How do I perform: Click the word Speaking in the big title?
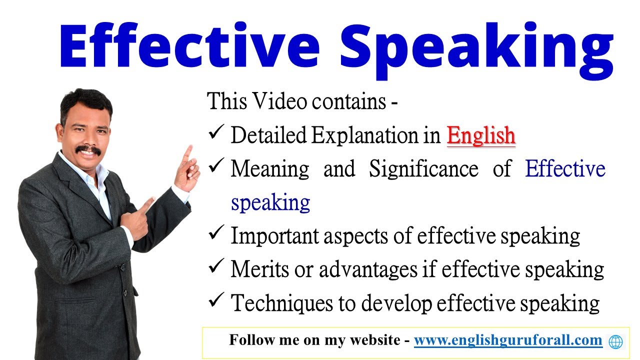pyautogui.click(x=475, y=47)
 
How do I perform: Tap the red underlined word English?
pyautogui.click(x=480, y=135)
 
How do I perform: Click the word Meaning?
pyautogui.click(x=270, y=170)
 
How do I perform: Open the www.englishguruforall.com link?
pyautogui.click(x=508, y=340)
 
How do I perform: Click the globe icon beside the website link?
pyautogui.click(x=616, y=341)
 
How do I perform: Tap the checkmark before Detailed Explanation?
pyautogui.click(x=215, y=134)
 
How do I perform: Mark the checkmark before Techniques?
pyautogui.click(x=215, y=301)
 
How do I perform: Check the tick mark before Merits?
pyautogui.click(x=215, y=268)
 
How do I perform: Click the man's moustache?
pyautogui.click(x=88, y=149)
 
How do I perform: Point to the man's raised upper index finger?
pyautogui.click(x=189, y=152)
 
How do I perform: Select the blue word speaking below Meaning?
pyautogui.click(x=270, y=203)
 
